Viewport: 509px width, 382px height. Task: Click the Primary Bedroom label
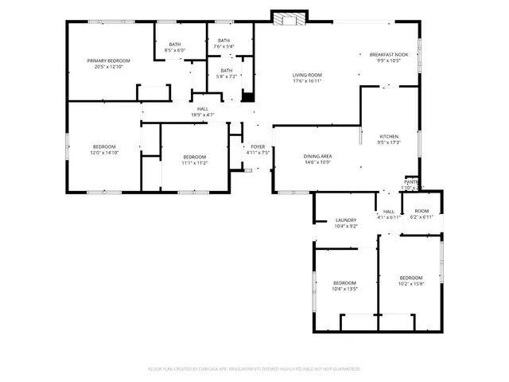click(108, 60)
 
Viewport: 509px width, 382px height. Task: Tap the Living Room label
click(307, 75)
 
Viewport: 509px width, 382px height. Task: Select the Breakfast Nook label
click(388, 54)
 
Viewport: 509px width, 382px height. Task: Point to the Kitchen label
click(388, 136)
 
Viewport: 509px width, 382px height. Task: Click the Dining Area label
click(317, 156)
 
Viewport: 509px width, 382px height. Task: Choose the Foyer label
click(258, 146)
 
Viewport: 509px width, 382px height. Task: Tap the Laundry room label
click(345, 220)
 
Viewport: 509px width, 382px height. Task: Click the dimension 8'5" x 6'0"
click(174, 50)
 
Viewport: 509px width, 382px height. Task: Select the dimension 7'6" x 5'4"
click(223, 46)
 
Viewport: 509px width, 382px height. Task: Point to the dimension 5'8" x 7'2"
click(227, 76)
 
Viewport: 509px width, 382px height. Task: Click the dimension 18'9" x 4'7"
click(203, 115)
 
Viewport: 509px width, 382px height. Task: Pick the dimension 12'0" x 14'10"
click(104, 152)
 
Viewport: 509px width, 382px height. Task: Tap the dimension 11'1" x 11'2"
click(194, 162)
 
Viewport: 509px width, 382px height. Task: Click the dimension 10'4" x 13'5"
click(344, 289)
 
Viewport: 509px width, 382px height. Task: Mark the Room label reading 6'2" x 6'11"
click(422, 216)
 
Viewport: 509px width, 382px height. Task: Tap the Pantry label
click(411, 182)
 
